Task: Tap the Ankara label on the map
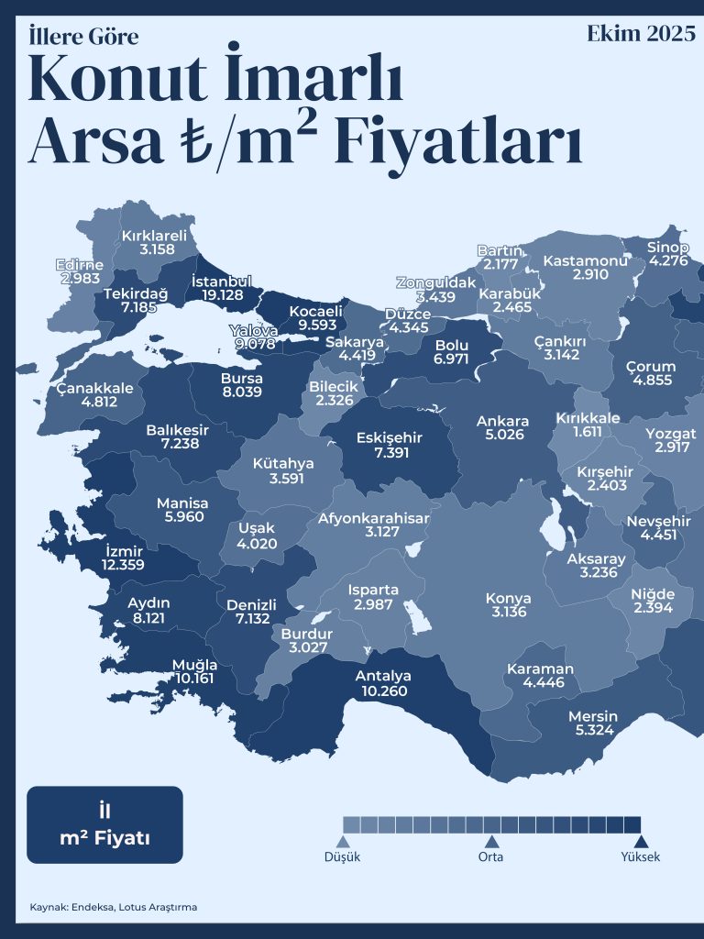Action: tap(502, 422)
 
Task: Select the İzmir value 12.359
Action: tap(123, 565)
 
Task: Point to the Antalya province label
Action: tap(383, 677)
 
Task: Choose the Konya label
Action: tap(508, 599)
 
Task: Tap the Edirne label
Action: tap(79, 264)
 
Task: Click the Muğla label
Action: tap(195, 665)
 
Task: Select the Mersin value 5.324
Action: tap(593, 731)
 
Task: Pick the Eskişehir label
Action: tap(390, 438)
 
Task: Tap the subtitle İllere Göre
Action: tap(83, 37)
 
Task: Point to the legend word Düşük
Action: tap(343, 857)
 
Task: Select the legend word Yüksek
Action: tap(641, 857)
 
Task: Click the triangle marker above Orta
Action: tap(491, 841)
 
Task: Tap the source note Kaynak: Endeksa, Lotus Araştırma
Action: tap(113, 907)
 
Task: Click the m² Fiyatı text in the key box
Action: tap(104, 838)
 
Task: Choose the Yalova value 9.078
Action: tap(255, 344)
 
